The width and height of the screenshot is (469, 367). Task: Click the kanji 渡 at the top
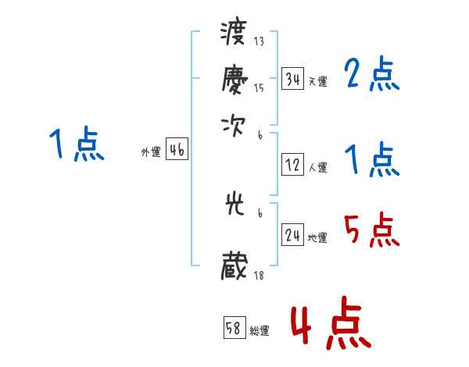coord(234,35)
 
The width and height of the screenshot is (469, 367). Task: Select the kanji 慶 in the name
coord(234,79)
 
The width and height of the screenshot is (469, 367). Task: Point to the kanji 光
coord(234,205)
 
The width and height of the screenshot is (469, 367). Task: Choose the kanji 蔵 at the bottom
coord(234,266)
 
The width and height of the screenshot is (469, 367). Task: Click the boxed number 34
coord(292,79)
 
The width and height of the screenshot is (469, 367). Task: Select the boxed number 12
coord(292,166)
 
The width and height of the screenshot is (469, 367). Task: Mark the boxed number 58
coord(234,329)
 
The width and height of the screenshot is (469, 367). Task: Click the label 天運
coord(317,81)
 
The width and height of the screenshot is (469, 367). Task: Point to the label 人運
coord(317,167)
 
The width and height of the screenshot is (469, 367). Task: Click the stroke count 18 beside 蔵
coord(259,275)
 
